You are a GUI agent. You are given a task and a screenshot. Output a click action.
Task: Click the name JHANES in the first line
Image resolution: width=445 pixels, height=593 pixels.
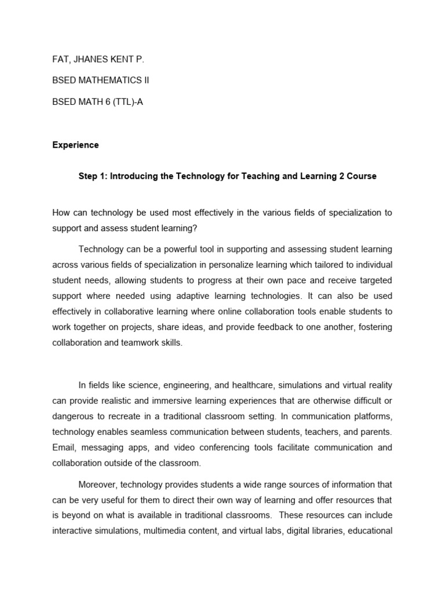click(x=88, y=59)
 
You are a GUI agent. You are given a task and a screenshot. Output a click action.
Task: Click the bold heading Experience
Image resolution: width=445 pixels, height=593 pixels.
click(x=75, y=145)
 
